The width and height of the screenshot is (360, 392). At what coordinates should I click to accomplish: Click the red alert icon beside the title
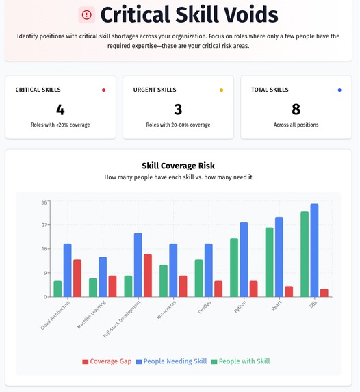pos(87,14)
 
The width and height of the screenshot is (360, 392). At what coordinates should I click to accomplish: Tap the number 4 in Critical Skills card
pos(60,109)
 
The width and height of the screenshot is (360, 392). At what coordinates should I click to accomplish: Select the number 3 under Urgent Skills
pos(178,109)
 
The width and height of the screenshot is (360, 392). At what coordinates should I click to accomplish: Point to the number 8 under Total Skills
pos(296,109)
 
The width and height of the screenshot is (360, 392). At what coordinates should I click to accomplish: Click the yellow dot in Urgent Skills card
pos(221,90)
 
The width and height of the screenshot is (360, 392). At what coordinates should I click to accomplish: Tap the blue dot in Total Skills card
pos(339,90)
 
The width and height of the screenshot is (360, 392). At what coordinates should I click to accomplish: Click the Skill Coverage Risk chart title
pos(178,166)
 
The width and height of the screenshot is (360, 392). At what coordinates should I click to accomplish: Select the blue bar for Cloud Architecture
pos(68,270)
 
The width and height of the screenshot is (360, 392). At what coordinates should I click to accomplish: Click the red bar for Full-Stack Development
pos(148,275)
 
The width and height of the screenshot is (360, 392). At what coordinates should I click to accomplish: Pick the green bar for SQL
pos(305,254)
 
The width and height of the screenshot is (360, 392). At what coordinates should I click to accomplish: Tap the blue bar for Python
pos(244,259)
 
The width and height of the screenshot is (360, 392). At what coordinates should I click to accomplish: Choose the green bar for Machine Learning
pos(93,287)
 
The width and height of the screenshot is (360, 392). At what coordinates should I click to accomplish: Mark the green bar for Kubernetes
pos(164,280)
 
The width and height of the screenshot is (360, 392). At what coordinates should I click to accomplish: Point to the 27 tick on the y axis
pos(44,225)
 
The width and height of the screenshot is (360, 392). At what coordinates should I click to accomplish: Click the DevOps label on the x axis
pos(205,308)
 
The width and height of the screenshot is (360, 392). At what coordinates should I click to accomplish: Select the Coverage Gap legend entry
pos(107,361)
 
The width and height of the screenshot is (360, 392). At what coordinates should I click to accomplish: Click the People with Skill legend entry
pos(244,361)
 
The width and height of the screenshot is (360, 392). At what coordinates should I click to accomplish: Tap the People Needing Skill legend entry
pos(173,361)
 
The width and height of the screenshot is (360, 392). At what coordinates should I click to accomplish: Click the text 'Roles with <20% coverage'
pos(60,125)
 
